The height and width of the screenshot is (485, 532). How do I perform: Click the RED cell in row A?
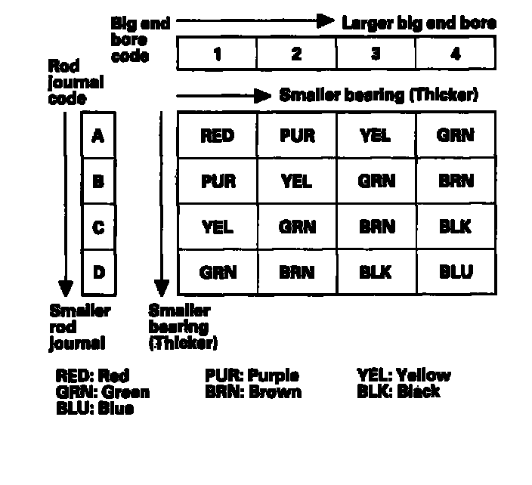pos(217,136)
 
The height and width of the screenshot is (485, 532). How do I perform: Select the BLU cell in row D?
pos(456,272)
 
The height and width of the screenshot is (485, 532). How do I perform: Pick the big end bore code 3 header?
pos(376,54)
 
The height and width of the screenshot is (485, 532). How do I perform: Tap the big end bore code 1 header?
pos(217,54)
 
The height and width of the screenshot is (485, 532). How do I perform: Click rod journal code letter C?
pos(97,227)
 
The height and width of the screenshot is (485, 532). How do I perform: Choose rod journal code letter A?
pos(97,136)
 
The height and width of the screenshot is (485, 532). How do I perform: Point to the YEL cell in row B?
pos(296,181)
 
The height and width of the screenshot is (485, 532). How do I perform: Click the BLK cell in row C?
pos(456,227)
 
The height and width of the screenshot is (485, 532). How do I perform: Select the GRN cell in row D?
pos(217,272)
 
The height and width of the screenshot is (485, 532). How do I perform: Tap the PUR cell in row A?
pos(296,136)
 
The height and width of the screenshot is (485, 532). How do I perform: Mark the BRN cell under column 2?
pos(296,272)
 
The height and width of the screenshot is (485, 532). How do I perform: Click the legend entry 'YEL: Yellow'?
pos(404,375)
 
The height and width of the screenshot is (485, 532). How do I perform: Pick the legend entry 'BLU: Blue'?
pos(94,408)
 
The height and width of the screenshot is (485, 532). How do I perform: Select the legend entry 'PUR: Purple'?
pos(252,375)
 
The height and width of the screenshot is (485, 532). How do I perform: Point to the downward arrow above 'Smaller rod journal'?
pos(66,204)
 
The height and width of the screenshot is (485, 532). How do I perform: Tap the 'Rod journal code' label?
pos(76,82)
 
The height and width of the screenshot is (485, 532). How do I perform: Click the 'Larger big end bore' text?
pos(419,23)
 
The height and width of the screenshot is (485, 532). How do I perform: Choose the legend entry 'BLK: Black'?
pos(398,391)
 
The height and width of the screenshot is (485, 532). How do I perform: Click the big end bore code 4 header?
pos(456,54)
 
